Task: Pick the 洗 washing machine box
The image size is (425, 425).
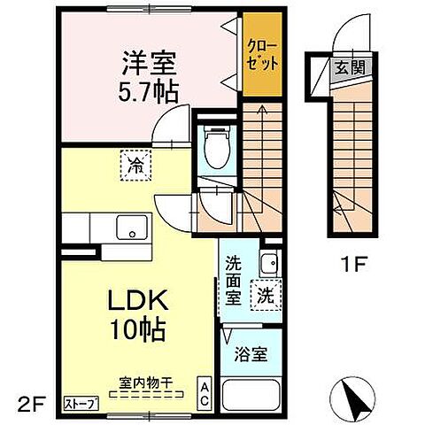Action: pyautogui.click(x=265, y=295)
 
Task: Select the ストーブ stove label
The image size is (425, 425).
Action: pyautogui.click(x=81, y=404)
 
